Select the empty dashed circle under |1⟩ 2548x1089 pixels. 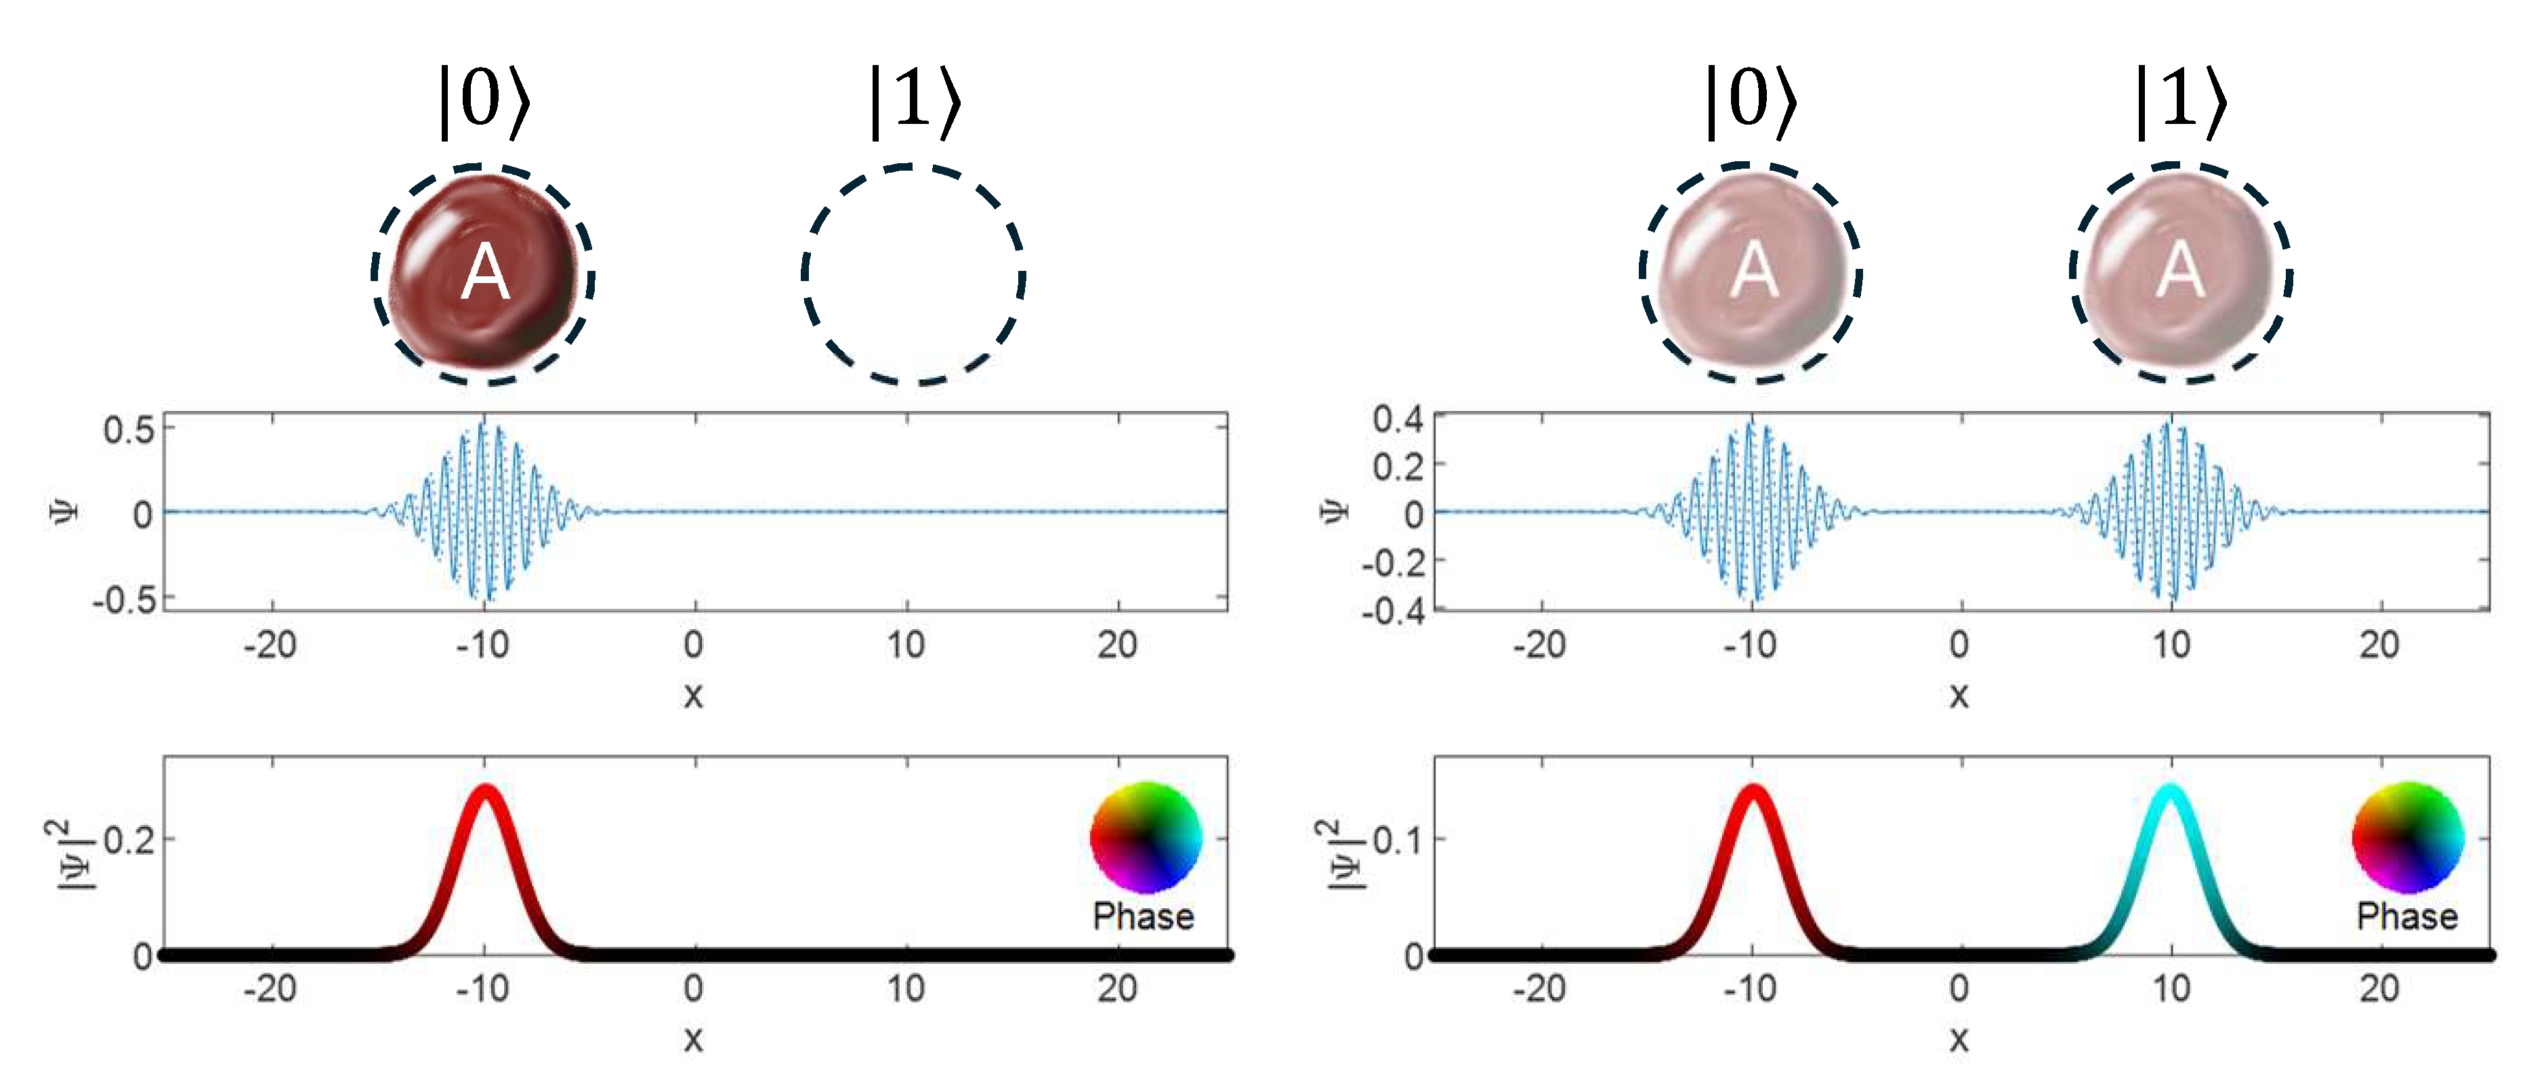(912, 274)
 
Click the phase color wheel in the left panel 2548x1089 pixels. (1146, 837)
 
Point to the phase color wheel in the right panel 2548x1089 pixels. (2408, 837)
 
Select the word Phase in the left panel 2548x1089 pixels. (1144, 916)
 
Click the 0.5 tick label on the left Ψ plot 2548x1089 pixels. (129, 430)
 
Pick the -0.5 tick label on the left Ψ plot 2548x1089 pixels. (124, 599)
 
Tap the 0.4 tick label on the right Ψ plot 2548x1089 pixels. (1397, 419)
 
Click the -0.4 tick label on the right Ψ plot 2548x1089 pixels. (1392, 610)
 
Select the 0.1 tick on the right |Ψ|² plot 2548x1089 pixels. (1398, 840)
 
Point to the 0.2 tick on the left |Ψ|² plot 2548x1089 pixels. (129, 840)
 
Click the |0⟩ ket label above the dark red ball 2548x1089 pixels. (484, 101)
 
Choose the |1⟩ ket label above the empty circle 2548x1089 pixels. (914, 101)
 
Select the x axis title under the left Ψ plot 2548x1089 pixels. (693, 696)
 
